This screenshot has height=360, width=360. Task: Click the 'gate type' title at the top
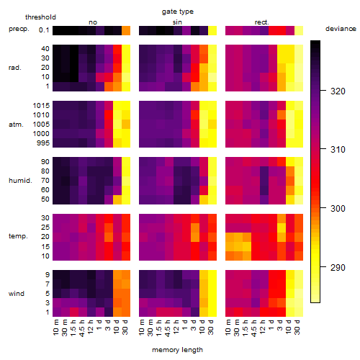coord(178,12)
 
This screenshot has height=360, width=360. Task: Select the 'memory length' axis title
coord(177,350)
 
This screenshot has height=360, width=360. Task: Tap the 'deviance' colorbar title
coord(341,29)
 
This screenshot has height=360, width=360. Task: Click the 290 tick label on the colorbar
coord(338,267)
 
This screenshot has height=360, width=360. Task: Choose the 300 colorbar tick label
coord(338,208)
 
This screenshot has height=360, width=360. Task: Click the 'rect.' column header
coord(262,22)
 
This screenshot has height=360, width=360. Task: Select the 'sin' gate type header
coord(177,22)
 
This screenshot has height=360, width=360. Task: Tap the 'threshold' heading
coord(40,17)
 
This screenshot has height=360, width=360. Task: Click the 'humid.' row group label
coord(20,181)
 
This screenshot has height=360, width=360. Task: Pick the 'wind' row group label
coord(17,294)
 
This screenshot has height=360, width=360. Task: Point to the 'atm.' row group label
coord(16,125)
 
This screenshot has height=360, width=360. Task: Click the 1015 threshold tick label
coord(41,106)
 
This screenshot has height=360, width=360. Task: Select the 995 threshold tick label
coord(43,143)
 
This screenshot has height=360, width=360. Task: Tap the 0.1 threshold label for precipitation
coord(44,30)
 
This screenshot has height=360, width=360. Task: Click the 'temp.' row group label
coord(18,236)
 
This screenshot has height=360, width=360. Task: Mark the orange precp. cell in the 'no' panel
coord(126,30)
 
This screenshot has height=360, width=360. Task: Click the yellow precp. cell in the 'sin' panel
coord(212,30)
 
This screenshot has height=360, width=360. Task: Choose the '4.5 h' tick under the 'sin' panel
coord(168,328)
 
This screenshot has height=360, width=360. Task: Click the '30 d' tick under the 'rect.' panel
coord(297,327)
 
